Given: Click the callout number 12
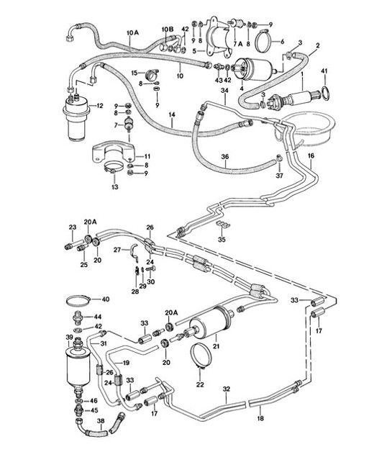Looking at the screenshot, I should [x=100, y=106].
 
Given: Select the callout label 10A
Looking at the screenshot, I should [x=133, y=32].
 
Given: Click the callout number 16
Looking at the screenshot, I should [x=311, y=155].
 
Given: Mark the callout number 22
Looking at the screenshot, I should [x=199, y=385].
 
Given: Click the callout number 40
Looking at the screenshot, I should [x=104, y=299].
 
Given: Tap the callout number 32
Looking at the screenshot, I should [x=226, y=389].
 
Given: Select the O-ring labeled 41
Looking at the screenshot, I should [x=324, y=92].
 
